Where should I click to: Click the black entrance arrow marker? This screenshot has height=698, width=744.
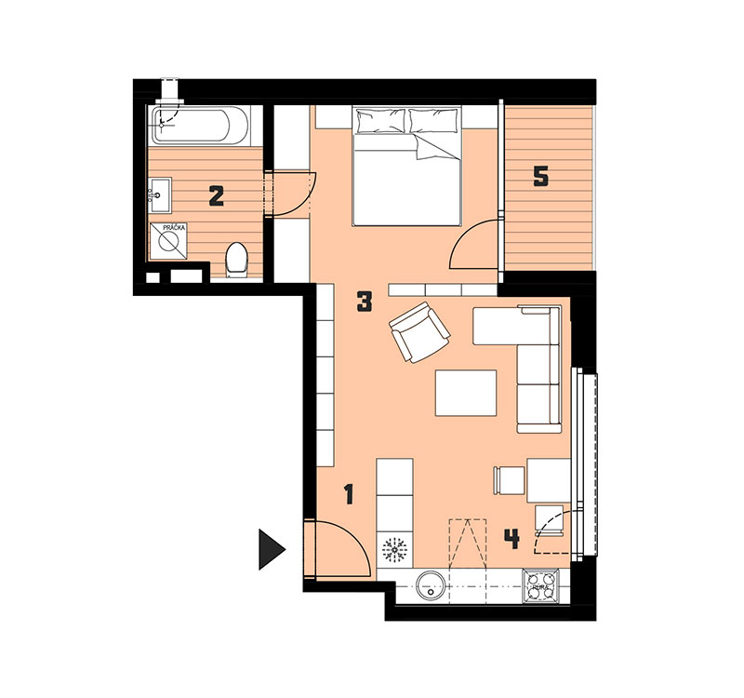(x=271, y=549)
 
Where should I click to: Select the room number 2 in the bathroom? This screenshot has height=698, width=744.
(x=217, y=196)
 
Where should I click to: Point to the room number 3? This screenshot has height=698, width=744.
(x=364, y=302)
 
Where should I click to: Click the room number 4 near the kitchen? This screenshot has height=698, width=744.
(x=511, y=540)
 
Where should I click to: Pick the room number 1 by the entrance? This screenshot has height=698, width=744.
(x=350, y=494)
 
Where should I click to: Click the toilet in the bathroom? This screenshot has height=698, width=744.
(x=236, y=261)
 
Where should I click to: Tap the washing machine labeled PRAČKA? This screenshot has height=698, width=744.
(x=168, y=241)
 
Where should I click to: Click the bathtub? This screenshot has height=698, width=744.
(x=200, y=126)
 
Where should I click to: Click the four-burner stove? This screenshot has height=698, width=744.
(x=541, y=586)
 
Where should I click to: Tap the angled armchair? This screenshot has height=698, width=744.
(x=419, y=332)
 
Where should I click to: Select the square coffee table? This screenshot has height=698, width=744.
(x=466, y=393)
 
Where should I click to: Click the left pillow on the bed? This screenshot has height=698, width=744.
(x=381, y=121)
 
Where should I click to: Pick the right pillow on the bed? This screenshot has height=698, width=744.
(x=434, y=120)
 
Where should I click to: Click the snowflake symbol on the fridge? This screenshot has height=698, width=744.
(x=394, y=550)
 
